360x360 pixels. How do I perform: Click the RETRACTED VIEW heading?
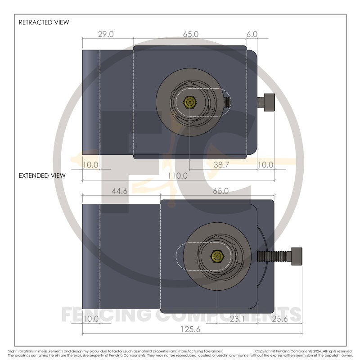point(44,22)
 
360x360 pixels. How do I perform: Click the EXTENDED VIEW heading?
point(42,175)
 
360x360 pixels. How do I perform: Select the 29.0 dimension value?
point(106,34)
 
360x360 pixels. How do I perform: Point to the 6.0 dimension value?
point(252,34)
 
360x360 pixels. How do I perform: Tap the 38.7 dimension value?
point(221,165)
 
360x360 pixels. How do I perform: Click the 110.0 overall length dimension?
point(178,175)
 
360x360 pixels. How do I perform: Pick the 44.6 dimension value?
point(119,191)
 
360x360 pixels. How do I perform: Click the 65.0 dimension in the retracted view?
point(190,34)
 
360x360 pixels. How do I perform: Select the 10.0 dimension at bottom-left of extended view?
point(90,319)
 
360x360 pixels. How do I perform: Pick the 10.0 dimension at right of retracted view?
point(265,165)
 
